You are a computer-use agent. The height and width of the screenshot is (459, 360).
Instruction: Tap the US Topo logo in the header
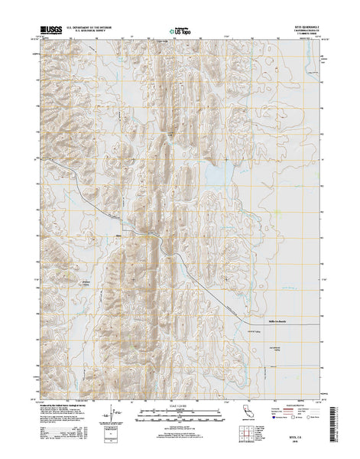tap(174, 34)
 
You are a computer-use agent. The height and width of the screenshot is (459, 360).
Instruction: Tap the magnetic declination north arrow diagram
tap(114, 417)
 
